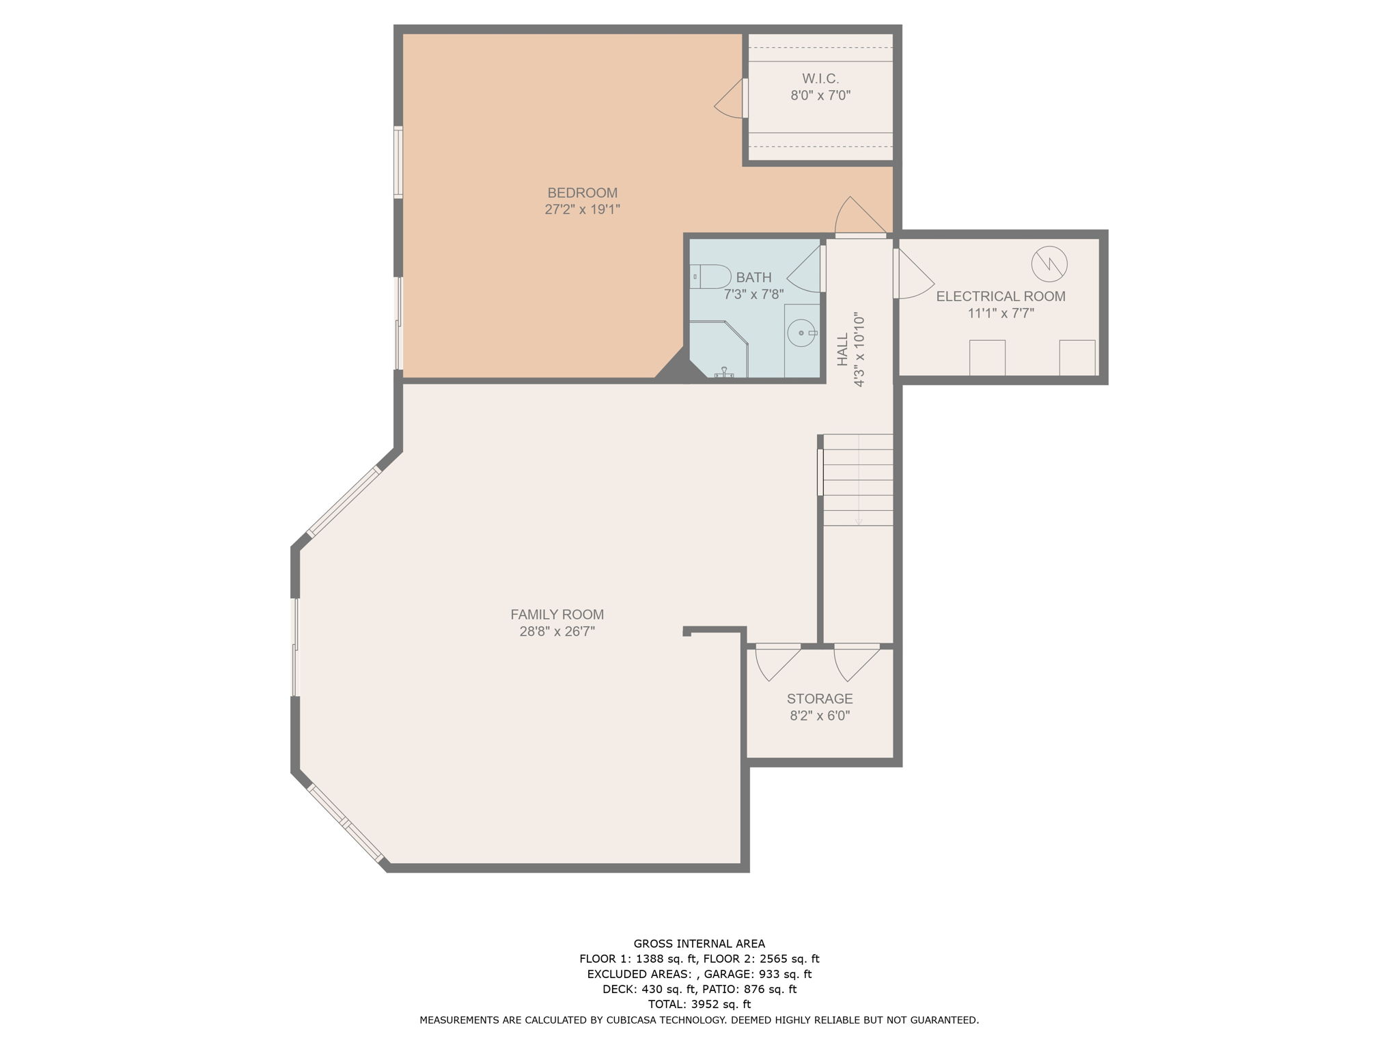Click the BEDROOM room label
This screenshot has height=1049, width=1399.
point(582,193)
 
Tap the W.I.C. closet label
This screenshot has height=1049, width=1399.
point(820,79)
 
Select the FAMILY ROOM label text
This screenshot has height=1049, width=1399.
point(557,615)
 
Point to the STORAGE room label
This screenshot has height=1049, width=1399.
point(820,699)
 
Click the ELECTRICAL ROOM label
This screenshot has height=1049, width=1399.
point(1001,296)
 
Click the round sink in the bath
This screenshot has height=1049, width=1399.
point(801,333)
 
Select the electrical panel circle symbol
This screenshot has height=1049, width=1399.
point(1049,264)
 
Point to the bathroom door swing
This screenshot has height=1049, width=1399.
point(805,269)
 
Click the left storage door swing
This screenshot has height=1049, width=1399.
point(777,662)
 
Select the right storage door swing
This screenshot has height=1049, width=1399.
point(857,662)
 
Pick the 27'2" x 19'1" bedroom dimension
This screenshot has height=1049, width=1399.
point(582,210)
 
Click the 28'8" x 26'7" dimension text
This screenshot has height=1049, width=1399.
point(557,632)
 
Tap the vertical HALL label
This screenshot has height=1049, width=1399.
point(842,349)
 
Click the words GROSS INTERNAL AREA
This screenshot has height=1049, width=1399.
point(699,944)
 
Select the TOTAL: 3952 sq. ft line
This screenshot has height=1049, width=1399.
point(699,1004)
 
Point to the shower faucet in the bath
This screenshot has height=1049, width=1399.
point(723,372)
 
